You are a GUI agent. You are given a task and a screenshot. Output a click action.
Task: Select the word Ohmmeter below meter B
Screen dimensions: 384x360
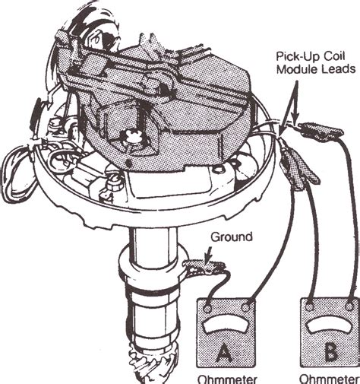[x=328, y=377]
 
